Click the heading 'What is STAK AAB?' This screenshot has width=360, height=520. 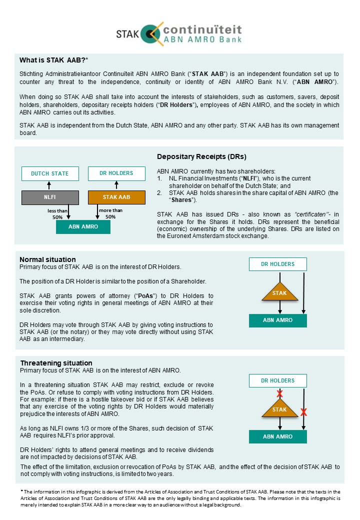53,60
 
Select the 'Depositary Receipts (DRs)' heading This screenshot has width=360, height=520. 201,156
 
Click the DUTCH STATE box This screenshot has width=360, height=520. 50,173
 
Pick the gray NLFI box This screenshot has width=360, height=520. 50,197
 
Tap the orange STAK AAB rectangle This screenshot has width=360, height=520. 116,197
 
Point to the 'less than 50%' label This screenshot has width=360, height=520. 58,213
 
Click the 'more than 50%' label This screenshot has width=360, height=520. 110,213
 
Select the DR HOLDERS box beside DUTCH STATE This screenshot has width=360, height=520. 116,173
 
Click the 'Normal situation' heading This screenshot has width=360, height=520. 47,259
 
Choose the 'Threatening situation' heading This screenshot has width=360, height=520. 56,363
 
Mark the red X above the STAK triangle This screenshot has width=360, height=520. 280,394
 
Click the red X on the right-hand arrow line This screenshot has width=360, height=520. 303,412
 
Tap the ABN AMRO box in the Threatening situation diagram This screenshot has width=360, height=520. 278,436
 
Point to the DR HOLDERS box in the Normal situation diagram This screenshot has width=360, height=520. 278,264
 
